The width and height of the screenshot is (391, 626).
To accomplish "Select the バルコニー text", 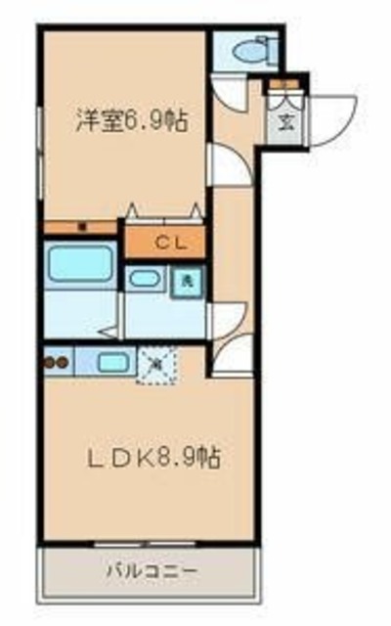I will (152, 568).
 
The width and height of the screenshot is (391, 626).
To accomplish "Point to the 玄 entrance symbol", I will (286, 122).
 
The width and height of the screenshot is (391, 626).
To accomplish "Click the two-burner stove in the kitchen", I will (55, 362).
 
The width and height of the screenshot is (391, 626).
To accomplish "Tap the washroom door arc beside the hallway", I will (227, 318).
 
